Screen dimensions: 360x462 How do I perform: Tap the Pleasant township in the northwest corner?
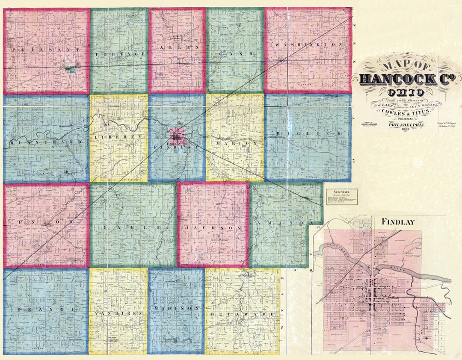(x=46, y=50)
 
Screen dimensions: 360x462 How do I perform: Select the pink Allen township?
(x=177, y=50)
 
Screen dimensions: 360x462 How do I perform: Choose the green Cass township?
(x=235, y=50)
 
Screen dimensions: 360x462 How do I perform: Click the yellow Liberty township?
(x=118, y=138)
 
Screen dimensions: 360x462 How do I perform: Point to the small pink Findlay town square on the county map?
(x=177, y=136)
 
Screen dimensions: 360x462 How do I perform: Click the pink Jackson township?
(x=213, y=224)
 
